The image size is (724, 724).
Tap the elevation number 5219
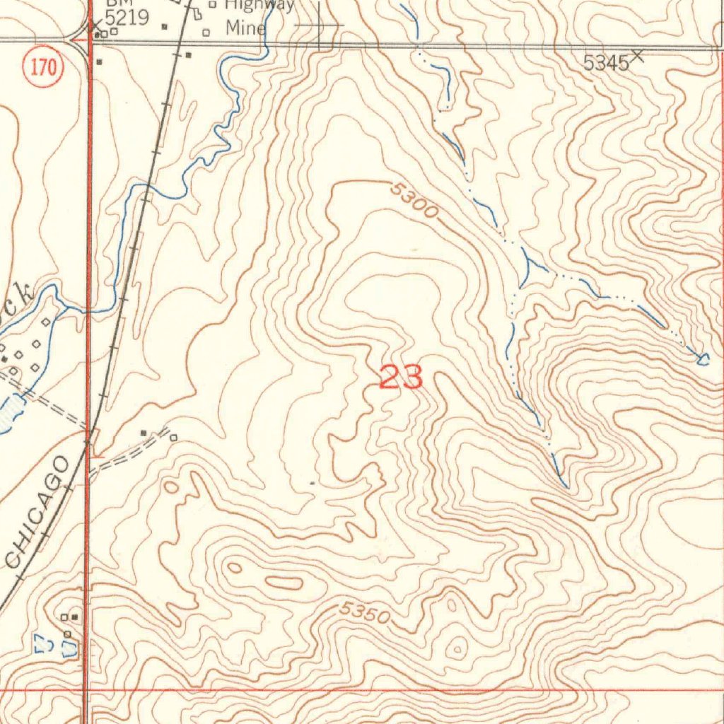click(x=127, y=18)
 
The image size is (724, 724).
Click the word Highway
click(x=259, y=5)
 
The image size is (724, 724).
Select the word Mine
click(x=245, y=28)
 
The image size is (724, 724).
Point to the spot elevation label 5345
click(x=606, y=63)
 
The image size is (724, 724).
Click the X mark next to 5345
click(x=637, y=55)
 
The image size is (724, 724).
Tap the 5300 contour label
click(x=414, y=201)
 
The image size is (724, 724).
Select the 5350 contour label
click(x=364, y=612)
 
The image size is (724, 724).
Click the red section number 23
click(x=401, y=378)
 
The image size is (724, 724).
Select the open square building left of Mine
click(x=206, y=33)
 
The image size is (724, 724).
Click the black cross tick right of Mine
click(x=319, y=25)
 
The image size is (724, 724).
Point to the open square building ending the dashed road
click(x=173, y=438)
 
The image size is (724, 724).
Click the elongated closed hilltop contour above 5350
click(x=284, y=583)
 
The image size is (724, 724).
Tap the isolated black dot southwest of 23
click(x=313, y=483)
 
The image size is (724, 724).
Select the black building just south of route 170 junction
click(x=99, y=62)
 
